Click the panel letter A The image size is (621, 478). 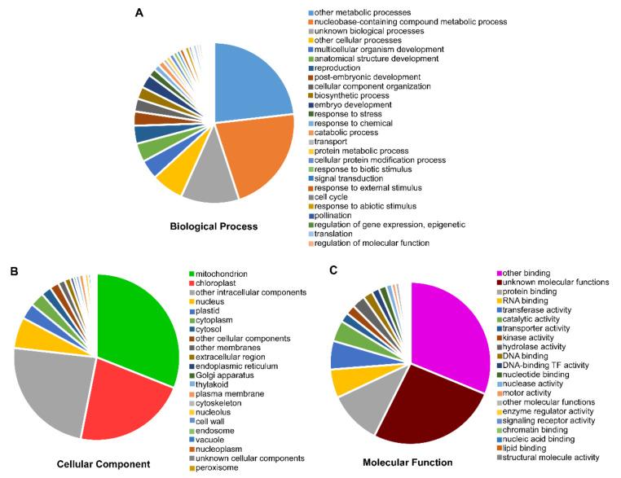point(141,12)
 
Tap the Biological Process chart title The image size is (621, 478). point(214,226)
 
